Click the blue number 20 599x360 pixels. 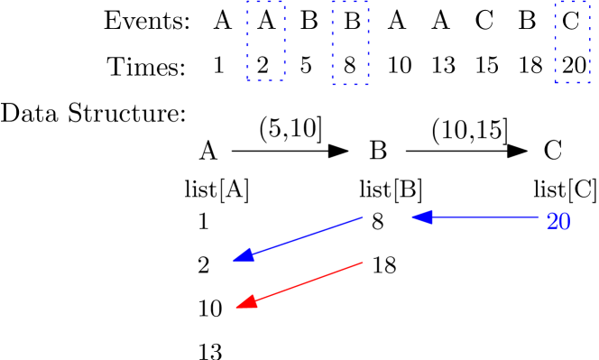point(558,222)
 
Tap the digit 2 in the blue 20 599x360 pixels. point(551,222)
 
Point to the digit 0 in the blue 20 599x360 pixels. point(564,222)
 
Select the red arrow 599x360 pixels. point(299,285)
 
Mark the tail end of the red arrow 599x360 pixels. point(363,263)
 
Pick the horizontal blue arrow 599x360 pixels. point(475,217)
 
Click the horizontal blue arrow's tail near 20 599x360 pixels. point(538,217)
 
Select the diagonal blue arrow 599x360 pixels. point(298,239)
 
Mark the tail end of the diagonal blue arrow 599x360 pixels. point(363,217)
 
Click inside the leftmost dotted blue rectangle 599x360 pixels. point(266,41)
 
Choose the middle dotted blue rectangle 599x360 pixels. point(350,42)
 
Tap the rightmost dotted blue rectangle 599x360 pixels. point(572,42)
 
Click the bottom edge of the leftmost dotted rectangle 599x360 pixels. point(266,80)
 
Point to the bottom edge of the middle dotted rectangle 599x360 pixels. point(350,84)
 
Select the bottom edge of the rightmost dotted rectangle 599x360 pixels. point(572,82)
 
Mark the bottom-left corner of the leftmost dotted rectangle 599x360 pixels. point(249,80)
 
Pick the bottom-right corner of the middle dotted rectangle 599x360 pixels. point(367,84)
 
